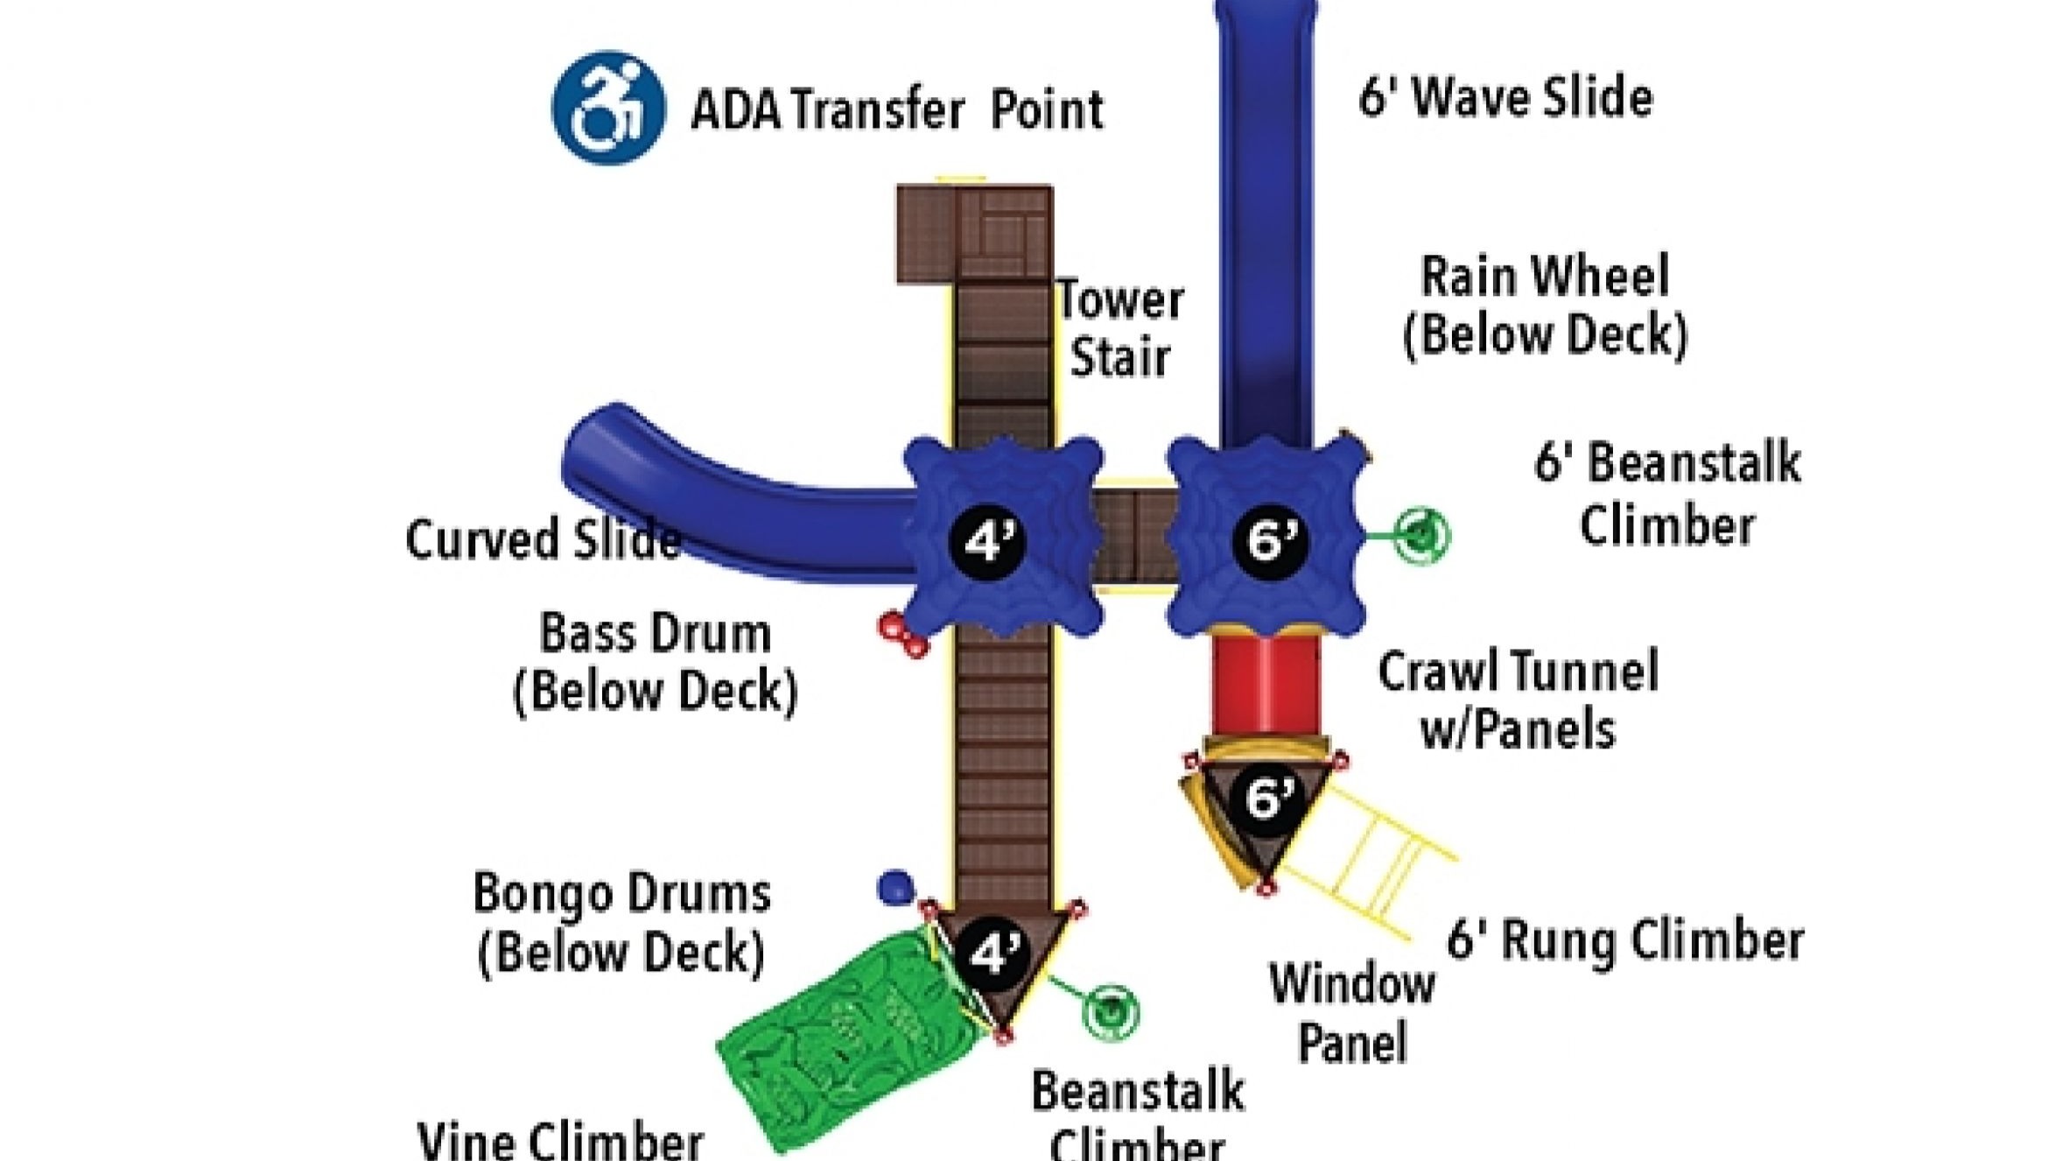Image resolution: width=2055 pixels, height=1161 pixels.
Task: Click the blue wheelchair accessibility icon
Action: click(x=608, y=108)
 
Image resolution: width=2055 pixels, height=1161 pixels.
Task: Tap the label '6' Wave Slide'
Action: click(x=1505, y=96)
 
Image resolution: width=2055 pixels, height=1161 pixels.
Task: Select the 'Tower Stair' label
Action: click(x=1120, y=328)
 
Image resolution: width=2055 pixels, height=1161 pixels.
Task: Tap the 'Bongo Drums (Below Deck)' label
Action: click(x=621, y=922)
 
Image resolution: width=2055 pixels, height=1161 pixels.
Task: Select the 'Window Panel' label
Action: click(x=1352, y=1013)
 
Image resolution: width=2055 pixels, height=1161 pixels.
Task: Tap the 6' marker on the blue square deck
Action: click(x=1270, y=539)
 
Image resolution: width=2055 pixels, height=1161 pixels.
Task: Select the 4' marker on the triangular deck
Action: click(x=995, y=952)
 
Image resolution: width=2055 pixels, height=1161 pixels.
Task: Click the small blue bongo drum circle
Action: click(x=894, y=887)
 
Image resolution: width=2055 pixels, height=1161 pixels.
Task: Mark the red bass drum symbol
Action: click(x=902, y=635)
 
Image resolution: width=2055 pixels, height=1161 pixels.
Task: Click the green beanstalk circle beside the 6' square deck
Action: click(x=1422, y=533)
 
